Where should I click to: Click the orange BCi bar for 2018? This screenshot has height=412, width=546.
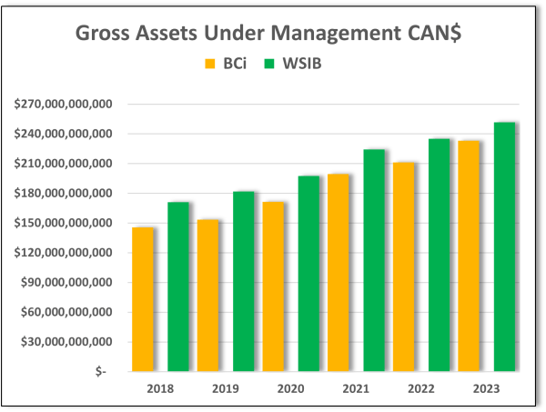(x=143, y=299)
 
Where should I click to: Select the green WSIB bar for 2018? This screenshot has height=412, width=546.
(x=177, y=286)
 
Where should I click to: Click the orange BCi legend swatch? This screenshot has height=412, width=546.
(x=209, y=65)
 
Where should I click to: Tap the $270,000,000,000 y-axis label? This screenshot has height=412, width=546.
(x=63, y=105)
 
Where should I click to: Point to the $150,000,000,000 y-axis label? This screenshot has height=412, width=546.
(x=63, y=223)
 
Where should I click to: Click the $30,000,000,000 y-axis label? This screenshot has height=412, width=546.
(x=66, y=342)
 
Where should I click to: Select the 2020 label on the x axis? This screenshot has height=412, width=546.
(x=292, y=388)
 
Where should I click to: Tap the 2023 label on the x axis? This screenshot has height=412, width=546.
(x=487, y=388)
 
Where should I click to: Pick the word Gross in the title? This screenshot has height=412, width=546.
(x=102, y=35)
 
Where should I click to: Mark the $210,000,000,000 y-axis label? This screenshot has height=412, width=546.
(x=63, y=164)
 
